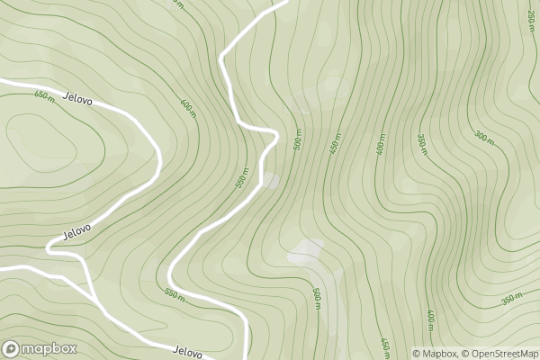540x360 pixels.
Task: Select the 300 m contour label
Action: coord(484,137)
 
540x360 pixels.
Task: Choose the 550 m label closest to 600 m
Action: coord(241,177)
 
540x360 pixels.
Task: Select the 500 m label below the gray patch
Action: coord(317,299)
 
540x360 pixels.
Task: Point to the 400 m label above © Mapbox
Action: coord(431,319)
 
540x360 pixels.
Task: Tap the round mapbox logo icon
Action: coord(12,348)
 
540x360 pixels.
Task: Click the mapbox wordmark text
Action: coord(49,348)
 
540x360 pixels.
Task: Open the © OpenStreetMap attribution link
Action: coord(499,353)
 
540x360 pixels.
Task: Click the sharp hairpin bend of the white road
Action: coord(273,133)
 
